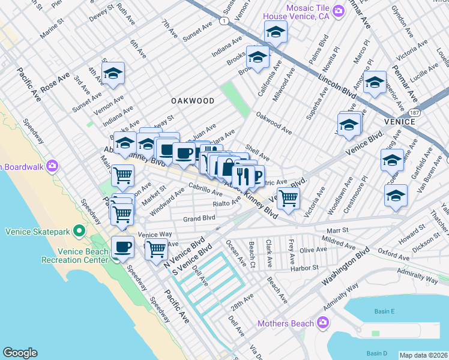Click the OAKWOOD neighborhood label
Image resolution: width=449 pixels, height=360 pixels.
pos(192,101)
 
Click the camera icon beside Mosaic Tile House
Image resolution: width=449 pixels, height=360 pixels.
pos(339,11)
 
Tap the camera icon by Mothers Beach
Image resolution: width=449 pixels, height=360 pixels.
pos(324,323)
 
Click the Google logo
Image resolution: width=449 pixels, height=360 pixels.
pos(20,353)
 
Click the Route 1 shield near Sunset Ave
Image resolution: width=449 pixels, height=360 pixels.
pos(223,21)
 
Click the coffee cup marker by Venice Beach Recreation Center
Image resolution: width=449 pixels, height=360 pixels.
pos(123,246)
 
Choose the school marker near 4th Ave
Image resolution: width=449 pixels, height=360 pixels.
pos(112,74)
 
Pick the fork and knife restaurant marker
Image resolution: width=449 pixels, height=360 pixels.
pos(243,175)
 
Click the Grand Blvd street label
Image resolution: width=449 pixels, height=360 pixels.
pos(199,218)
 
